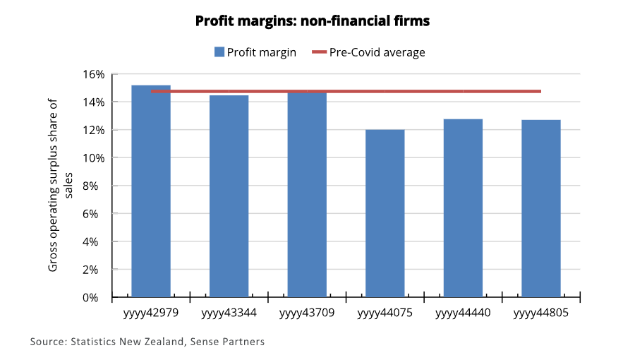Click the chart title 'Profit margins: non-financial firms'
[x=313, y=21]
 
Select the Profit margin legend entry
[x=255, y=52]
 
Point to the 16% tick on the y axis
[x=95, y=74]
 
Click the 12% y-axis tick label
[x=95, y=130]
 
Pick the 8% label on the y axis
[x=97, y=186]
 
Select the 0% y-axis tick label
[x=97, y=297]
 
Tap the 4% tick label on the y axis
[x=97, y=241]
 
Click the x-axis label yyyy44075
[x=385, y=312]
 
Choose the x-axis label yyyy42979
[x=151, y=312]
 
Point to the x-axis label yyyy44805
[x=540, y=312]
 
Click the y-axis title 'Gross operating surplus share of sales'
[x=61, y=185]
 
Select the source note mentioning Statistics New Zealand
[x=147, y=342]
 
